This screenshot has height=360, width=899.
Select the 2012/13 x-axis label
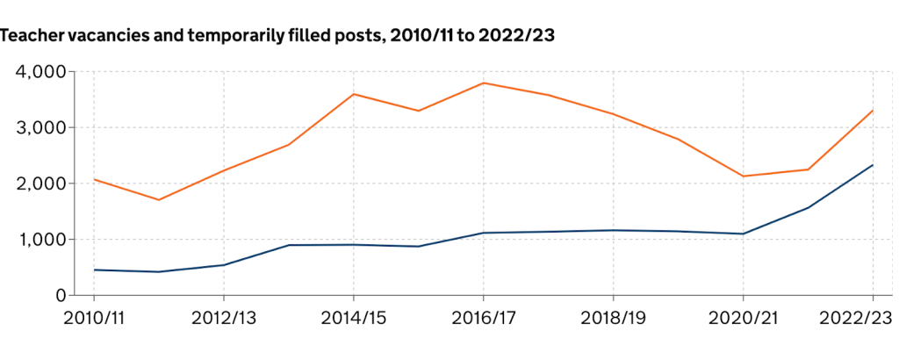tap(223, 318)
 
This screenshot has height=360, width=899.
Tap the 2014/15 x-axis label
tap(353, 318)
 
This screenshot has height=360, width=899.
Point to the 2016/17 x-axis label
tap(483, 318)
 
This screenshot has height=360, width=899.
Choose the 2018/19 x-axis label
tap(613, 318)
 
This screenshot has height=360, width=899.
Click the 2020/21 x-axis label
tap(743, 318)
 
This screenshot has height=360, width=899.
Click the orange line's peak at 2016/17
tap(483, 83)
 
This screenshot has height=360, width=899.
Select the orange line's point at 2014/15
tap(353, 94)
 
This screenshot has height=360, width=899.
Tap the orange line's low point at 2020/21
tap(743, 176)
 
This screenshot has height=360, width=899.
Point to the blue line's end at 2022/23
tap(873, 165)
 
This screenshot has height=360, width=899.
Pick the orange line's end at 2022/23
tap(873, 111)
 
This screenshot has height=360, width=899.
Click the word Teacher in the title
tap(31, 36)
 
